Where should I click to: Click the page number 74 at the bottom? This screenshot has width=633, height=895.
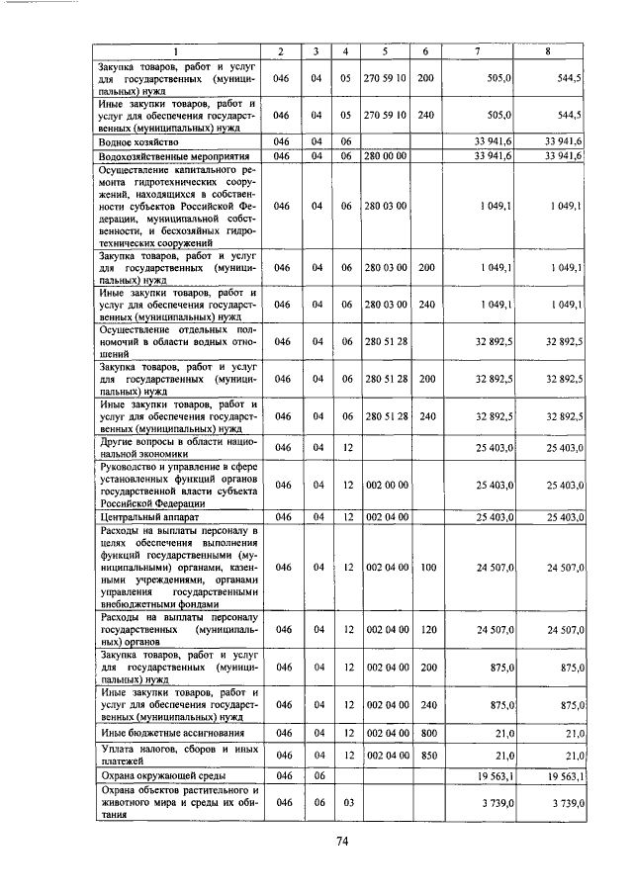tap(342, 842)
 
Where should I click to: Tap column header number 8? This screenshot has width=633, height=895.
tap(547, 50)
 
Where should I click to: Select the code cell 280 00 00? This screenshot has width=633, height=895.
tap(386, 155)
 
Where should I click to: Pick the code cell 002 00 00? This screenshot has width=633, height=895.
tap(386, 485)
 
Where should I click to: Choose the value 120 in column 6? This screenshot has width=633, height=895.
tap(426, 629)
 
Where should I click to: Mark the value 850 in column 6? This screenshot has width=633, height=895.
tap(426, 755)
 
